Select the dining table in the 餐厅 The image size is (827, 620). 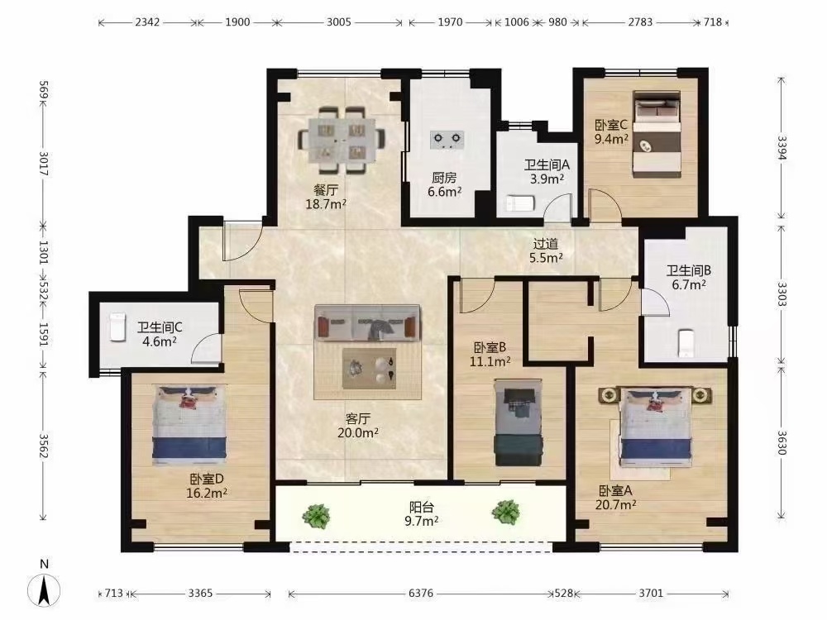(342, 141)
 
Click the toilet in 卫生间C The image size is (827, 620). (117, 327)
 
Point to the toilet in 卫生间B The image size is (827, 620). (685, 344)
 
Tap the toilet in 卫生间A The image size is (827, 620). (520, 203)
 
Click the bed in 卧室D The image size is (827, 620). (190, 425)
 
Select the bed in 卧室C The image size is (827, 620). (657, 135)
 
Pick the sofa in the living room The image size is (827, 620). (368, 323)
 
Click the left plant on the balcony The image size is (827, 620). (317, 515)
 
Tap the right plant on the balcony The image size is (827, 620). (506, 512)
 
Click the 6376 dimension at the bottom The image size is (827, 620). (421, 593)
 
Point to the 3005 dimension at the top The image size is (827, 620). (338, 22)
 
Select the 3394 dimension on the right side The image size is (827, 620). (782, 149)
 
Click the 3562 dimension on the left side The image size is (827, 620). (44, 446)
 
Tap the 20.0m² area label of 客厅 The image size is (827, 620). (358, 433)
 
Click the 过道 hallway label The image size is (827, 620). (545, 244)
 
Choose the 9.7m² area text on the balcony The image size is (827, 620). (422, 521)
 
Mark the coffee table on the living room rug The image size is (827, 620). (369, 368)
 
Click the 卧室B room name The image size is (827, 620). (490, 347)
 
